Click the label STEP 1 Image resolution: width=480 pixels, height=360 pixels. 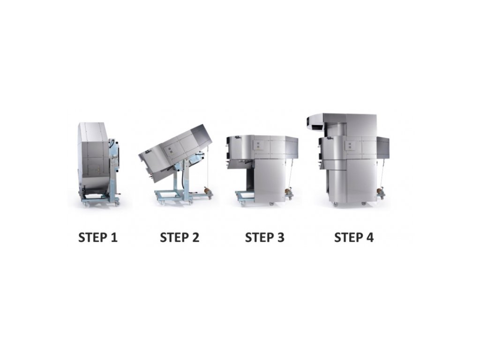pos(98,238)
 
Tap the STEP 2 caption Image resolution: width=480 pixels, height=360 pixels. pos(180,238)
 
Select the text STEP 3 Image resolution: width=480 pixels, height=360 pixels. pos(265,238)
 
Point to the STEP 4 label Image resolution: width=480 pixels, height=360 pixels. pos(354,238)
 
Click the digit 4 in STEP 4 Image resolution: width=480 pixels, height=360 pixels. pos(370,238)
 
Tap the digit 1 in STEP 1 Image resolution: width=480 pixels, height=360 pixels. pos(114,238)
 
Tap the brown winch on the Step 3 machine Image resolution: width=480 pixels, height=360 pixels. pos(288,191)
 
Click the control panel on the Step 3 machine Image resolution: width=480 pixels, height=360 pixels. pos(257,145)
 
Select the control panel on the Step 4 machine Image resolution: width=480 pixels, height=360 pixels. pos(350,145)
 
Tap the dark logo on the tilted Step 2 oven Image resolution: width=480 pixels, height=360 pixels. pos(148,152)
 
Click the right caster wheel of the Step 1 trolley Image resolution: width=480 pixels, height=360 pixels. pos(117,203)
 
